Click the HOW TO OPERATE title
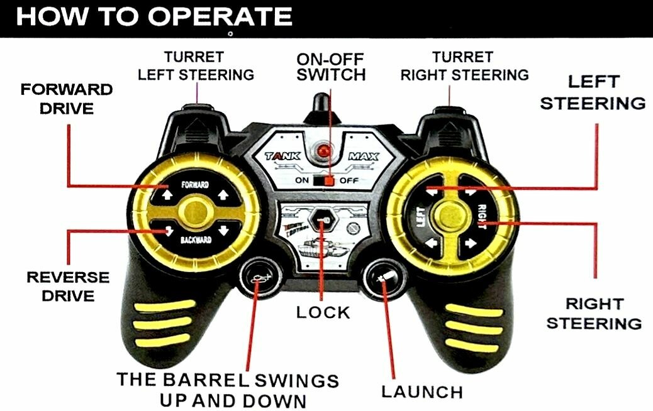tap(153, 17)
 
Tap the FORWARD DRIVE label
tap(67, 99)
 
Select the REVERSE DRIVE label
tap(67, 286)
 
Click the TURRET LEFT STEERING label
tap(196, 66)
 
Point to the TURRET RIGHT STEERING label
tap(464, 66)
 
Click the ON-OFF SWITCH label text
tap(331, 67)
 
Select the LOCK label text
tap(323, 312)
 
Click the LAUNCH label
tap(422, 392)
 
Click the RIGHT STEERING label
tap(594, 314)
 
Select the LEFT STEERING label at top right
tap(593, 92)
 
